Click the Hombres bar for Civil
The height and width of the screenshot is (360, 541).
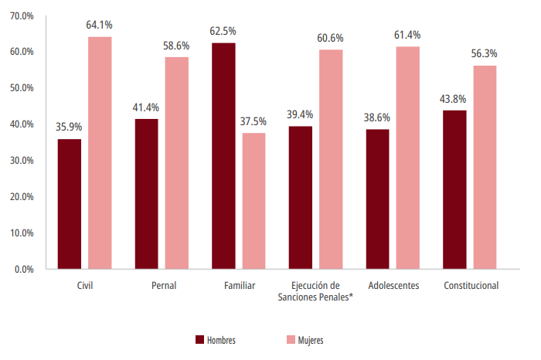69,204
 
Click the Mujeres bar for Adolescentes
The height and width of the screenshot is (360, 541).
408,158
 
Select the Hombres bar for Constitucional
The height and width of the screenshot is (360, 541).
454,190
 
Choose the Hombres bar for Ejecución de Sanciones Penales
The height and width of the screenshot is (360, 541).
301,198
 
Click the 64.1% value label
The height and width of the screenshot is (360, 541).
100,25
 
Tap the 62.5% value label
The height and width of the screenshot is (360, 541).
223,31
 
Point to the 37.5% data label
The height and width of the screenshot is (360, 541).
253,121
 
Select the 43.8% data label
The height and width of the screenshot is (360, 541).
454,99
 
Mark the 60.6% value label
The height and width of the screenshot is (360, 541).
331,38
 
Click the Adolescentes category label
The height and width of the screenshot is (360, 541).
393,286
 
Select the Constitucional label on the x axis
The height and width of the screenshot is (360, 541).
471,286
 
